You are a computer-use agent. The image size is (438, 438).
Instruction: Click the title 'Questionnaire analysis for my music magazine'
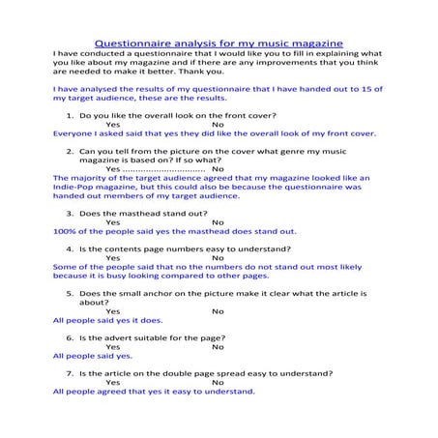219,44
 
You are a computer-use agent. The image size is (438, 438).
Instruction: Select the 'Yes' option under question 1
113,125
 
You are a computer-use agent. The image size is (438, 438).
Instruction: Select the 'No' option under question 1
218,125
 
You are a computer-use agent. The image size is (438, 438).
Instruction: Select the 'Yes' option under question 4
113,258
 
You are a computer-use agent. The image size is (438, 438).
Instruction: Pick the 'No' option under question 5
218,310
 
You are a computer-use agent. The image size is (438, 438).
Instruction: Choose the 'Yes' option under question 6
113,346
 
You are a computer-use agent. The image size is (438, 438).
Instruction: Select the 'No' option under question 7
218,382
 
